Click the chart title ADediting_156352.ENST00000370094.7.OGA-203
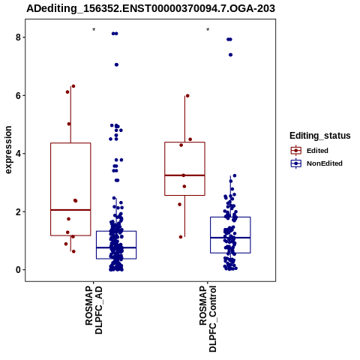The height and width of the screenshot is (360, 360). pos(151,8)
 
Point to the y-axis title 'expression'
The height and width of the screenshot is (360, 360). pos(8,150)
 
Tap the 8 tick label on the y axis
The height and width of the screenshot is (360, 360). pos(18,37)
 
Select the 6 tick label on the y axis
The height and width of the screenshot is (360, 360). pos(18,95)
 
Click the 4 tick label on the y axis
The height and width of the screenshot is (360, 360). pos(18,154)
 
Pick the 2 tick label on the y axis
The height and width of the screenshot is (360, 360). pos(18,211)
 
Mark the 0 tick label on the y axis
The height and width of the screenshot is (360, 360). pos(18,270)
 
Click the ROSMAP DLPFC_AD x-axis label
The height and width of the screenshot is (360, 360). pos(94,310)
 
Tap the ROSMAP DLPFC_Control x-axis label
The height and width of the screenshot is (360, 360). pos(208,319)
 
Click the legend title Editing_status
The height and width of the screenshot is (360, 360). pos(320,136)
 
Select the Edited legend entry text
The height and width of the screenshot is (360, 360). pos(317,151)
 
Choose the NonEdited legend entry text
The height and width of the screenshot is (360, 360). pos(325,163)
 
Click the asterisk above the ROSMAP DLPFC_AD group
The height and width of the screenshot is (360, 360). pos(94,30)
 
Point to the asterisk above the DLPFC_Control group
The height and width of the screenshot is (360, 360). pos(208,30)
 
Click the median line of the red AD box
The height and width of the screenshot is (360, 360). pos(70,210)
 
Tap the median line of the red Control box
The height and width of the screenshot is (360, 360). pos(184,175)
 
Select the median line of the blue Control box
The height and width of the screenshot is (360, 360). pos(230,238)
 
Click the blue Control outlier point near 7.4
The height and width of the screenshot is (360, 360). pos(230,55)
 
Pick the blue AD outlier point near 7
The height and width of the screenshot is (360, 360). pos(116,64)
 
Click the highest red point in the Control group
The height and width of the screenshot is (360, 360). pos(187,96)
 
